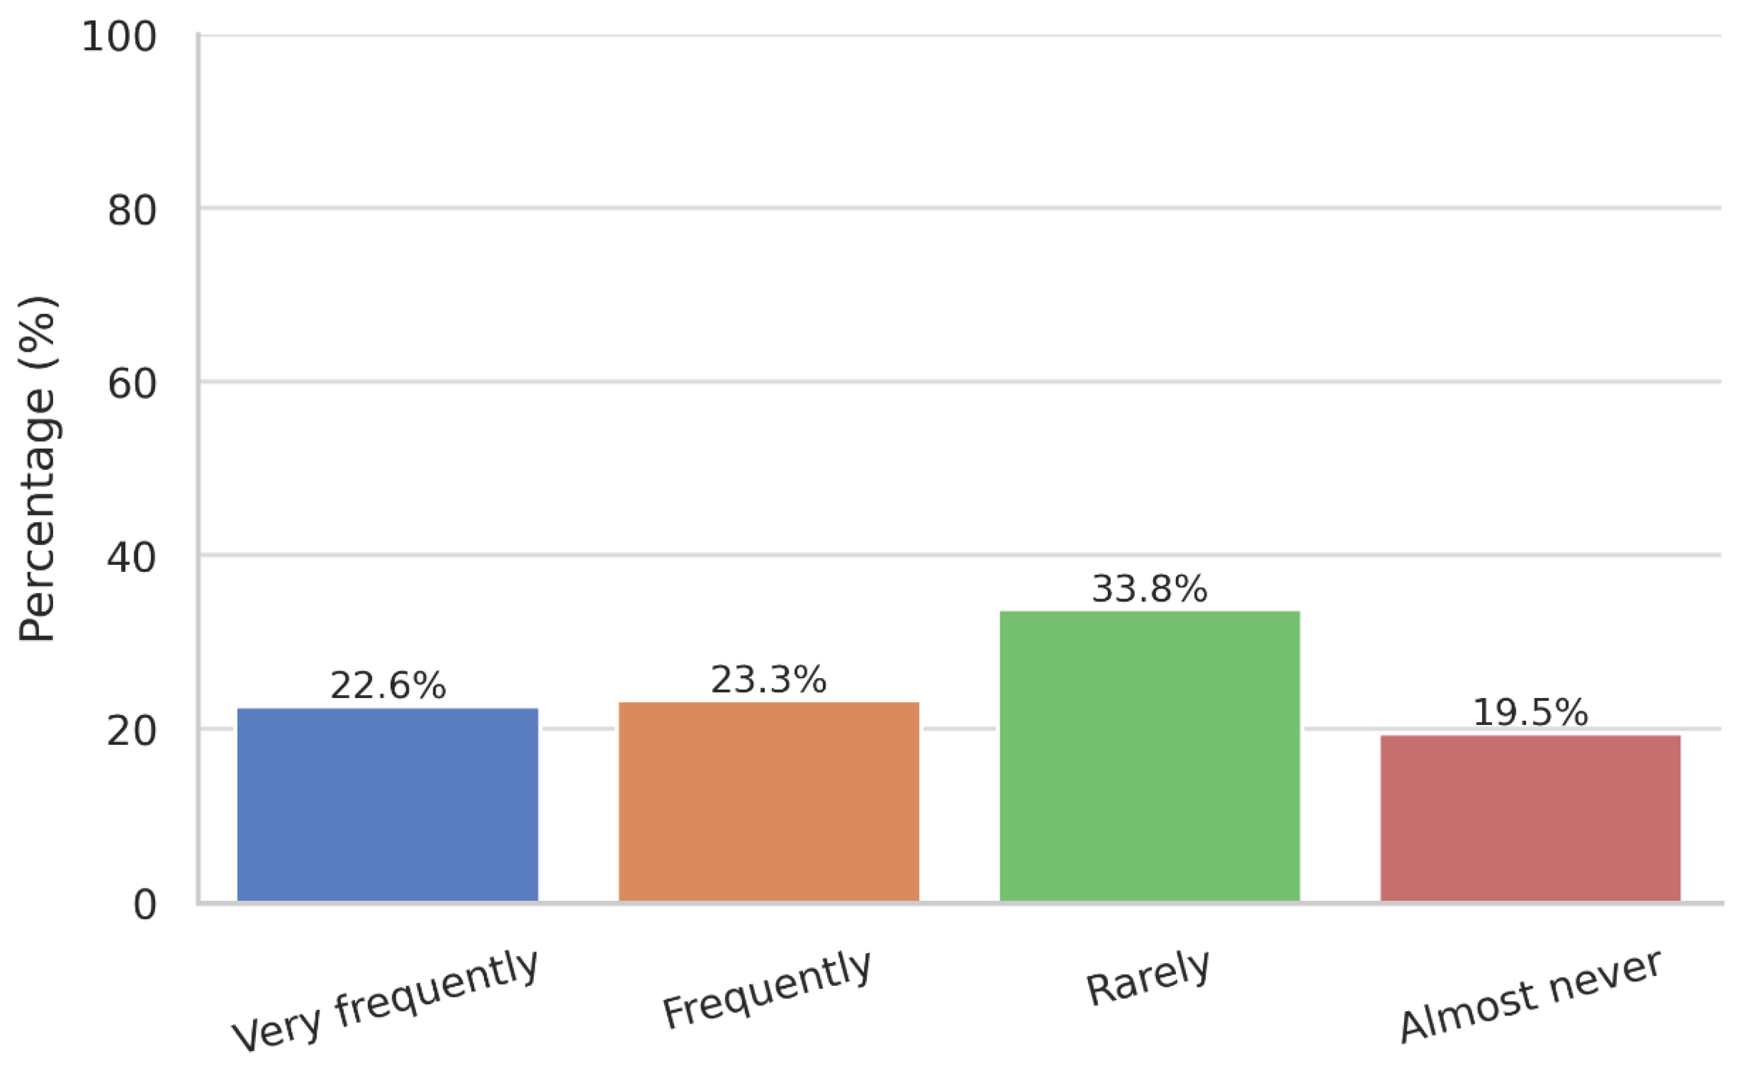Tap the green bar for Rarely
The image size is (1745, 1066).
(x=1149, y=756)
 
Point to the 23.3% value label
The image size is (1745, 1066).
(x=769, y=680)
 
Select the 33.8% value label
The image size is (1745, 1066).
(x=1149, y=589)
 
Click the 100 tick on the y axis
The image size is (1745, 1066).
(x=118, y=37)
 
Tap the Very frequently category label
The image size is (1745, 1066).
(x=386, y=1000)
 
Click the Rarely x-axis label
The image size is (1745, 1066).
(x=1148, y=978)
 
